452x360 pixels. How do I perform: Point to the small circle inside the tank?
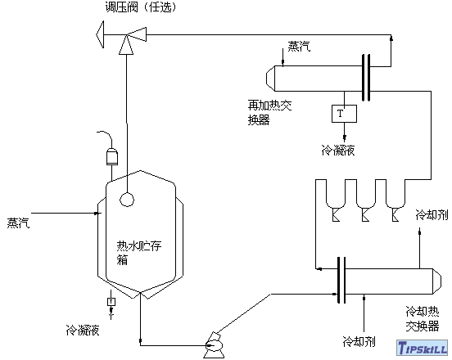point(128,197)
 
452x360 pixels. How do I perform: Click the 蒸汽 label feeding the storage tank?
point(18,221)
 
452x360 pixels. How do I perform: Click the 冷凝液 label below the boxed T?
point(337,151)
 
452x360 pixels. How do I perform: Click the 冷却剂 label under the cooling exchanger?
point(359,340)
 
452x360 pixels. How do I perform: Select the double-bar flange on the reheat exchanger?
point(365,77)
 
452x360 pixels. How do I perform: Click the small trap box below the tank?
point(111,303)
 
